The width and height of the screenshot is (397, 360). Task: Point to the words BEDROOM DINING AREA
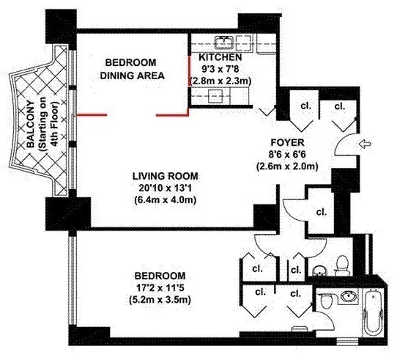[133, 69]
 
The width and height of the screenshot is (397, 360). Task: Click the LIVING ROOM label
[166, 176]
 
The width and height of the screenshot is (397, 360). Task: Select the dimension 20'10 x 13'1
[166, 188]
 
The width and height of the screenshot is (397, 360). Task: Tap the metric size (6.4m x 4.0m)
[166, 199]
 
